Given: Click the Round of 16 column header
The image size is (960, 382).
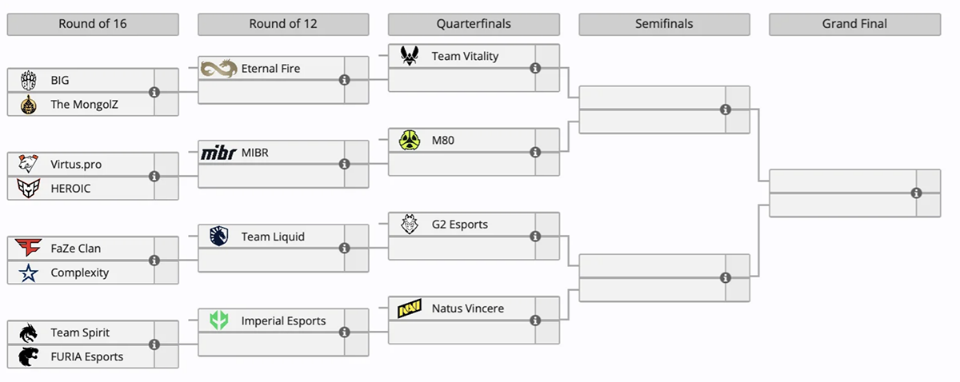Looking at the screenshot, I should tap(92, 24).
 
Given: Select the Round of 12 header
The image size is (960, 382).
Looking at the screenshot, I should tap(283, 24).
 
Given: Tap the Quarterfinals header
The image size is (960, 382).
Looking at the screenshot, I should tap(474, 24).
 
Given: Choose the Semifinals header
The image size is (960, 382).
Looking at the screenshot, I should tap(664, 24).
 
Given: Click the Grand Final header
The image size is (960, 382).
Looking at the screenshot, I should tap(854, 24).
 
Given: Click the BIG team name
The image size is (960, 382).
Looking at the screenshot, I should tap(60, 81).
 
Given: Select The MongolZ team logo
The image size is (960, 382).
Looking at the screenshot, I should tap(28, 104).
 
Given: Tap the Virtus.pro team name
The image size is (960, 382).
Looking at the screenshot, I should tap(76, 165).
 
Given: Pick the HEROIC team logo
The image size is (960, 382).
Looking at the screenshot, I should tap(28, 188).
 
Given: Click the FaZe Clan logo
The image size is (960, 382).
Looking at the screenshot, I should tap(28, 249).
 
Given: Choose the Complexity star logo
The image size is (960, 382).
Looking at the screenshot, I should tap(28, 273).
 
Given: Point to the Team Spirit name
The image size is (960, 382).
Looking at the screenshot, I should tap(80, 332).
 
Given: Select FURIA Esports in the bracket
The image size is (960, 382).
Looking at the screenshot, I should tap(86, 356).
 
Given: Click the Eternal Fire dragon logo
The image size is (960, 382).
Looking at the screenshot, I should tap(218, 69).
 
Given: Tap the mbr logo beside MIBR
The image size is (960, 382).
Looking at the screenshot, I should tap(218, 153).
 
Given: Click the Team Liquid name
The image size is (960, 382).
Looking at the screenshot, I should tap(271, 237).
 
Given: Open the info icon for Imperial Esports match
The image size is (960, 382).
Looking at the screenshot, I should tap(345, 332).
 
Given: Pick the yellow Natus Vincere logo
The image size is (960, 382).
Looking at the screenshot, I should tap(410, 308).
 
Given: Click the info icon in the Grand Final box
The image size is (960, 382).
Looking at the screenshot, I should tap(916, 193).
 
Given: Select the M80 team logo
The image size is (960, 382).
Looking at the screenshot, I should tap(410, 141).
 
